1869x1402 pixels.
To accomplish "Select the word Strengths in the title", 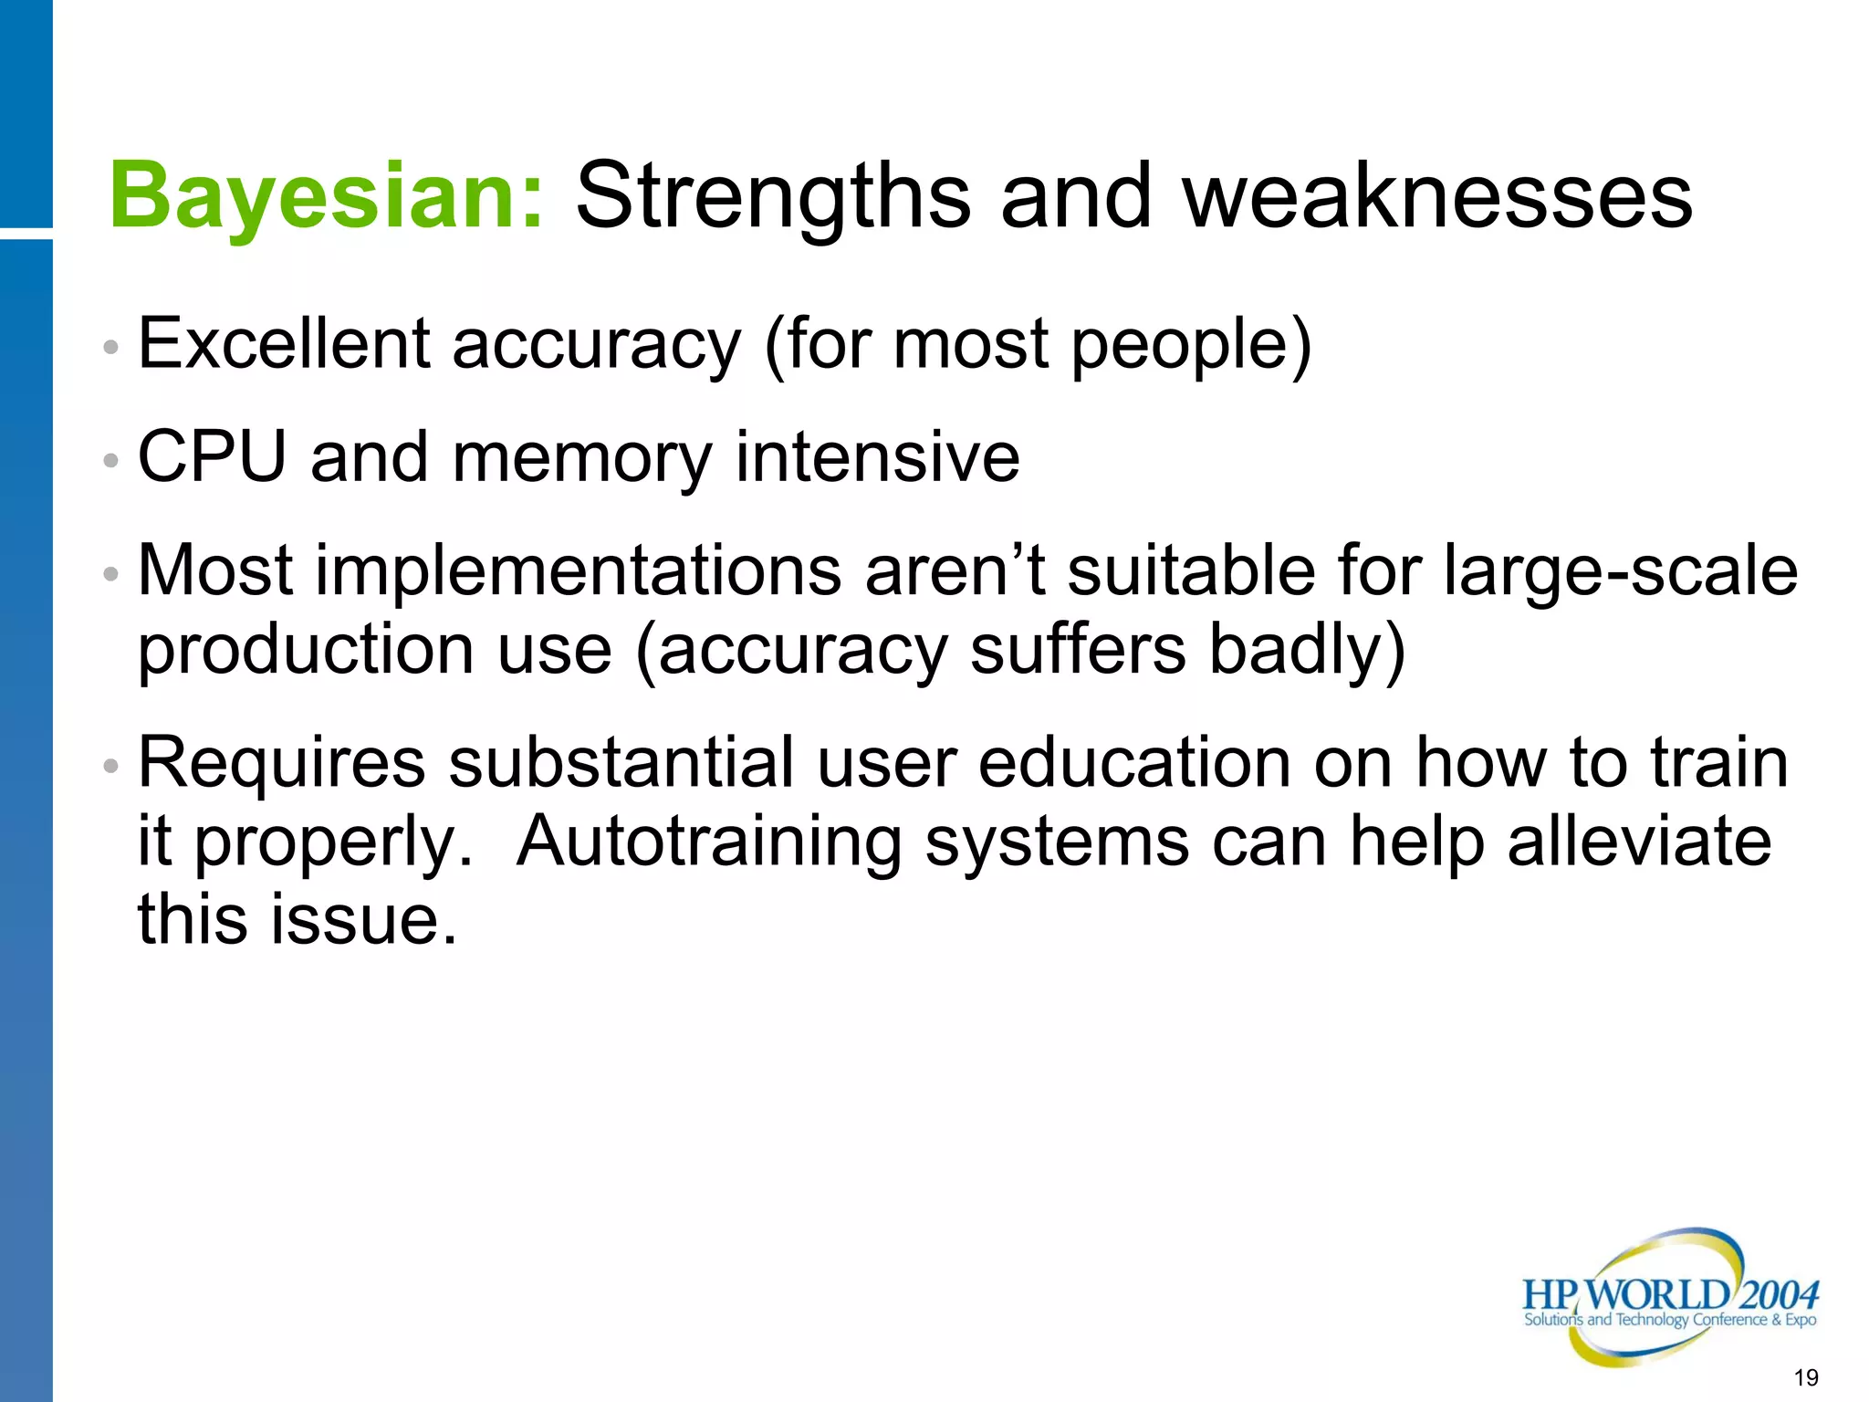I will (773, 195).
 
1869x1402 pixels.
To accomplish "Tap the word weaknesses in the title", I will (1437, 195).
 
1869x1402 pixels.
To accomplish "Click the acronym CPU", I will (212, 456).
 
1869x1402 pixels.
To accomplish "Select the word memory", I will (581, 458).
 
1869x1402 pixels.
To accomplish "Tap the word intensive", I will (877, 456).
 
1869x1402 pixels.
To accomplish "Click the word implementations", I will (579, 571).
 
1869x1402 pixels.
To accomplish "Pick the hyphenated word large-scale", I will (1621, 571).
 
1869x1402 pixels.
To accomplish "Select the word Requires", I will (281, 763).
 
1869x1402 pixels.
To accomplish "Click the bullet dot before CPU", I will (110, 460).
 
